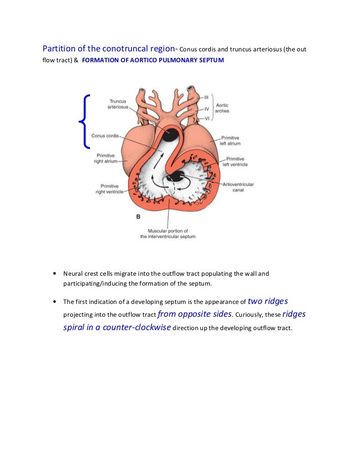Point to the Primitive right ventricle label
pyautogui.click(x=110, y=189)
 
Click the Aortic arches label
pyautogui.click(x=223, y=108)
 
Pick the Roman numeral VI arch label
pyautogui.click(x=207, y=119)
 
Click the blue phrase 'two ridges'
pyautogui.click(x=268, y=301)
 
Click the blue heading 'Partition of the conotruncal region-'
pyautogui.click(x=110, y=49)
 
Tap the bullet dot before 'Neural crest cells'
pyautogui.click(x=53, y=274)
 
